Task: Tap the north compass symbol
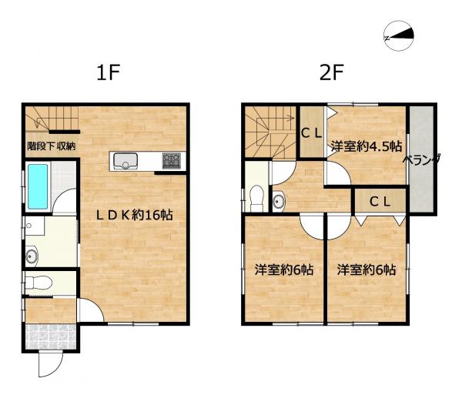pos(400,35)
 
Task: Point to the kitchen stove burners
pos(171,161)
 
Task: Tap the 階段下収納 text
pos(51,146)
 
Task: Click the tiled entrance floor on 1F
pos(50,337)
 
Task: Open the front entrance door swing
pos(48,367)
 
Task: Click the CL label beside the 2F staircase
pos(311,132)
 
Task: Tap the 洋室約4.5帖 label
pos(367,145)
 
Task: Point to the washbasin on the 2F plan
pos(280,202)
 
